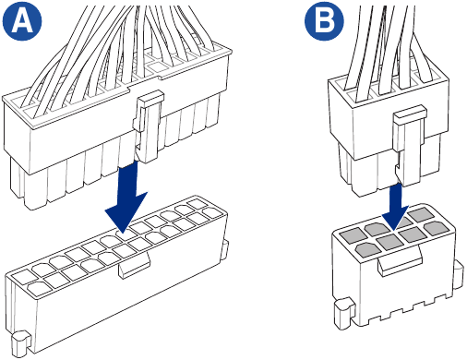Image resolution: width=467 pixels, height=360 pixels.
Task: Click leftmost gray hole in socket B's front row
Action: (353, 246)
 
